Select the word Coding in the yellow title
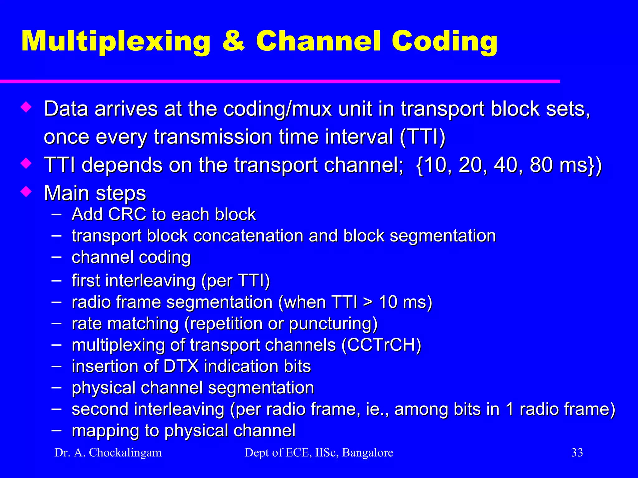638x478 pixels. (x=445, y=42)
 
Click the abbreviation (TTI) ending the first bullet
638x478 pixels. (x=423, y=137)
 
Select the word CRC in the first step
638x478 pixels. (x=127, y=214)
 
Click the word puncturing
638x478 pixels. (x=333, y=324)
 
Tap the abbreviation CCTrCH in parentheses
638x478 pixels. (x=381, y=345)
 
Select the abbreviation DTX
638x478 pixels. (x=181, y=366)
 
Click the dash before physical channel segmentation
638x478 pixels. (x=56, y=387)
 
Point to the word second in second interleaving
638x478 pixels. (x=100, y=409)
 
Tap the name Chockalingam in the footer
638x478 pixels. (x=125, y=453)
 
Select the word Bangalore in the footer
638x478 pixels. (x=368, y=452)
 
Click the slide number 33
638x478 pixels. (x=577, y=452)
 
